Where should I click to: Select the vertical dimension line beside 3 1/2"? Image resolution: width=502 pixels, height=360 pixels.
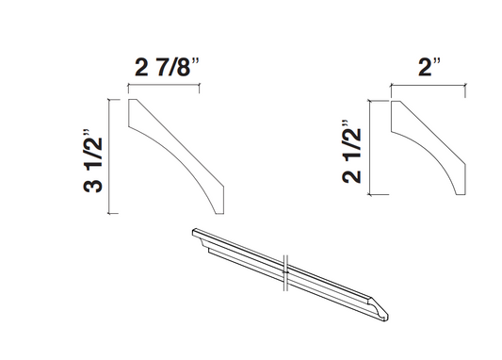pos(113,156)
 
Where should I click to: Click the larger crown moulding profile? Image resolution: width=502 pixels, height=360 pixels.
pos(178,151)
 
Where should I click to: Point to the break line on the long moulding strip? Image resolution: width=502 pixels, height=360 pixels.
pos(286,270)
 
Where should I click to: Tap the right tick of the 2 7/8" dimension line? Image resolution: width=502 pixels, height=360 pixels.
pos(201,87)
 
